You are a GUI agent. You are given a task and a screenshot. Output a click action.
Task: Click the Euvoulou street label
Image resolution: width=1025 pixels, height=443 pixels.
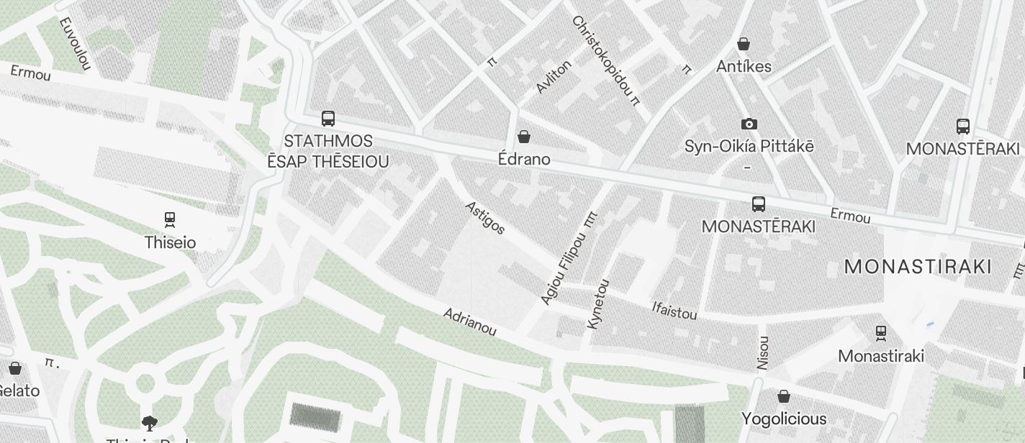[75, 43]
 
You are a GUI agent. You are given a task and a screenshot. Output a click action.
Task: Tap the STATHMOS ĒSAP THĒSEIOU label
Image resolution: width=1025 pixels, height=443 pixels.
[328, 151]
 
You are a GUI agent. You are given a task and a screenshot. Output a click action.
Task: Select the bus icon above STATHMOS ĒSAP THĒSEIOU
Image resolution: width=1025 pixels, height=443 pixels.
[328, 119]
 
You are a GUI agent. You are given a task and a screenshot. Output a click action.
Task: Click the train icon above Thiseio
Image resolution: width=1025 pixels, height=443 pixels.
[170, 219]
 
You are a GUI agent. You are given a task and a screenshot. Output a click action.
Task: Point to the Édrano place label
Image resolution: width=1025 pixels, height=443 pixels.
[524, 159]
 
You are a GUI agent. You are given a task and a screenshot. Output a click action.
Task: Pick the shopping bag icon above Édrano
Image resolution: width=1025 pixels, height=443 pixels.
[524, 137]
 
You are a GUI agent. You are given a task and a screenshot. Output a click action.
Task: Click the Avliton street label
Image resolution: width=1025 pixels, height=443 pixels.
[554, 76]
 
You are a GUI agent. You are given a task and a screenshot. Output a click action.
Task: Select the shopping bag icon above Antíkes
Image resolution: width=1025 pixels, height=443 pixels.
[744, 45]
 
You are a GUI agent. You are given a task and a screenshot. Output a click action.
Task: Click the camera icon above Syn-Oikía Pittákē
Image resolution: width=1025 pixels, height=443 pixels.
[749, 124]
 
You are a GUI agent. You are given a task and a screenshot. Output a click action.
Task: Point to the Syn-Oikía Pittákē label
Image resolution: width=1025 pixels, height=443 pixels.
[749, 146]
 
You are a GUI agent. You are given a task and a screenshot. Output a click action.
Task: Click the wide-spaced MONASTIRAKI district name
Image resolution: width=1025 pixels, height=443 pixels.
[918, 267]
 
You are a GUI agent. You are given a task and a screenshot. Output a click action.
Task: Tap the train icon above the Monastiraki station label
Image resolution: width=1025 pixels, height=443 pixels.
[881, 333]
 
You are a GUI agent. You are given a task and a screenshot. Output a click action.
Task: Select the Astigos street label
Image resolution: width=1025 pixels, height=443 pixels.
[485, 218]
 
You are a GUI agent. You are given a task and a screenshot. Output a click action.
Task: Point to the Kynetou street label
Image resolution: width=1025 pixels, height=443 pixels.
[598, 304]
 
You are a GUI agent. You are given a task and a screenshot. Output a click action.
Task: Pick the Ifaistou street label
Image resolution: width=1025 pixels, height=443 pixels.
[674, 310]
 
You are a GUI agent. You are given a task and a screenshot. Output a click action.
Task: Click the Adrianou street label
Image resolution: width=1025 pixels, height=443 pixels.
[470, 322]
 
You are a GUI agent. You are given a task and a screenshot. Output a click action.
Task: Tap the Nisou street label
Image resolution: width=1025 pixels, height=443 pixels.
[763, 353]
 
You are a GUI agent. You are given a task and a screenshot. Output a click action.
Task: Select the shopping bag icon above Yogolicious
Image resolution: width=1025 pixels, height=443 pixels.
[784, 396]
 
